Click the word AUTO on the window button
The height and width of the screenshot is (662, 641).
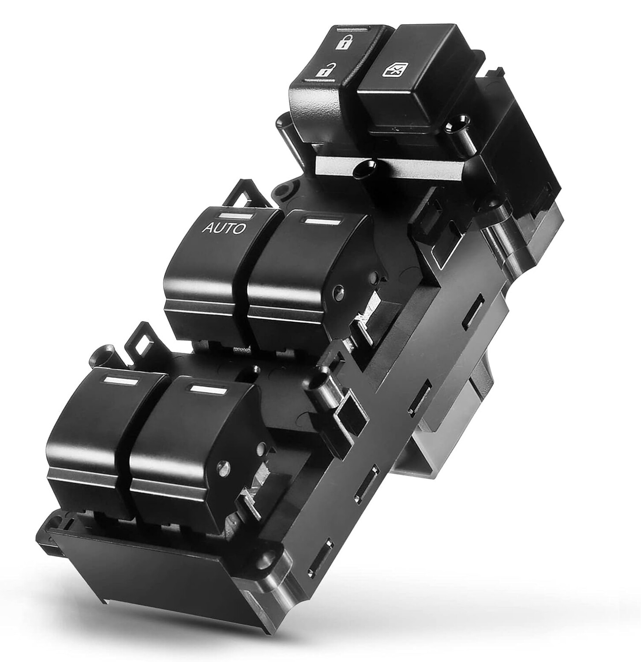[x=223, y=229]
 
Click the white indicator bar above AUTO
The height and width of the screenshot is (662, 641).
[x=237, y=216]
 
